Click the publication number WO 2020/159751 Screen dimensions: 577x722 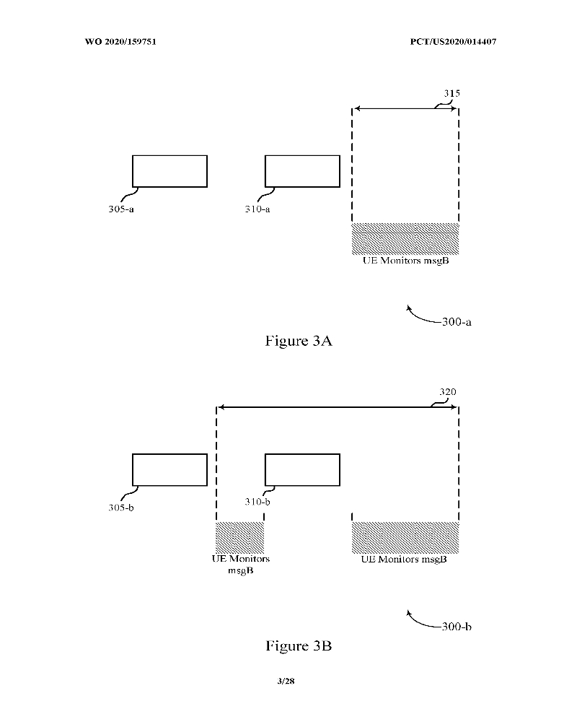point(120,41)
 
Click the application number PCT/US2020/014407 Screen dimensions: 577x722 point(453,41)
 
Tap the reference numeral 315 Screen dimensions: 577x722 point(452,93)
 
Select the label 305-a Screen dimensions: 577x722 point(121,209)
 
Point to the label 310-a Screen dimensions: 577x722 point(257,209)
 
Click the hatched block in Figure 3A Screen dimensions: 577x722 point(405,238)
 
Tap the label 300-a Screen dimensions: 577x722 point(457,322)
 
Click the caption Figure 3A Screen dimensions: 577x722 point(299,341)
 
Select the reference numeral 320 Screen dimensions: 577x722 point(448,392)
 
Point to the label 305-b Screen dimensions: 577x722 point(121,508)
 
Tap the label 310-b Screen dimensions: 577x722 point(257,502)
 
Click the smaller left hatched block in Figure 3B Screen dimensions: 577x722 point(239,537)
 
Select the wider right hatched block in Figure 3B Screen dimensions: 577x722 point(405,537)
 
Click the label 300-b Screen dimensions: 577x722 point(457,627)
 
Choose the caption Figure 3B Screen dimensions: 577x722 point(299,645)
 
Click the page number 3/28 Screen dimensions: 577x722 point(286,681)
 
